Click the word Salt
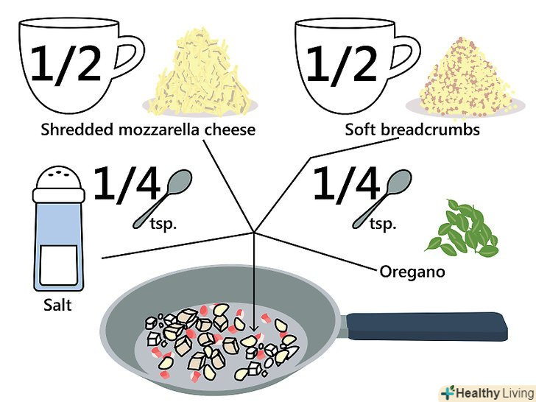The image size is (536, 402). (x=57, y=304)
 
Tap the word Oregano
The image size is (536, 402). (x=412, y=272)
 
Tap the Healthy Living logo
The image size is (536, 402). (x=485, y=392)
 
